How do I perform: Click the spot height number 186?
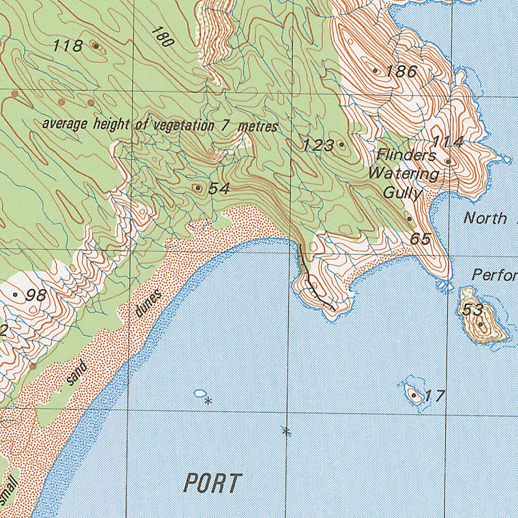[402, 71]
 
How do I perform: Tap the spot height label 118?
[68, 46]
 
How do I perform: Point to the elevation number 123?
[318, 146]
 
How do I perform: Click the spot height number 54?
[219, 189]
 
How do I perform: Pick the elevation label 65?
[420, 239]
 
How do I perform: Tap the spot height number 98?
[36, 295]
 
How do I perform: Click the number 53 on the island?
[471, 310]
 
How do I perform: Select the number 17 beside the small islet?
[434, 396]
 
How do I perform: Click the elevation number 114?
[447, 142]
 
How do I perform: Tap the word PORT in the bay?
[212, 484]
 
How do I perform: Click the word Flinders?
[406, 155]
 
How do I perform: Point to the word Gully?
[403, 193]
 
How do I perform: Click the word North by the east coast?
[486, 218]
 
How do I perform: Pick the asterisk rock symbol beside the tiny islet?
[208, 401]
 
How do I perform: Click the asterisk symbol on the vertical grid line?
[286, 431]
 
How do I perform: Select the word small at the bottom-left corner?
[9, 489]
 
